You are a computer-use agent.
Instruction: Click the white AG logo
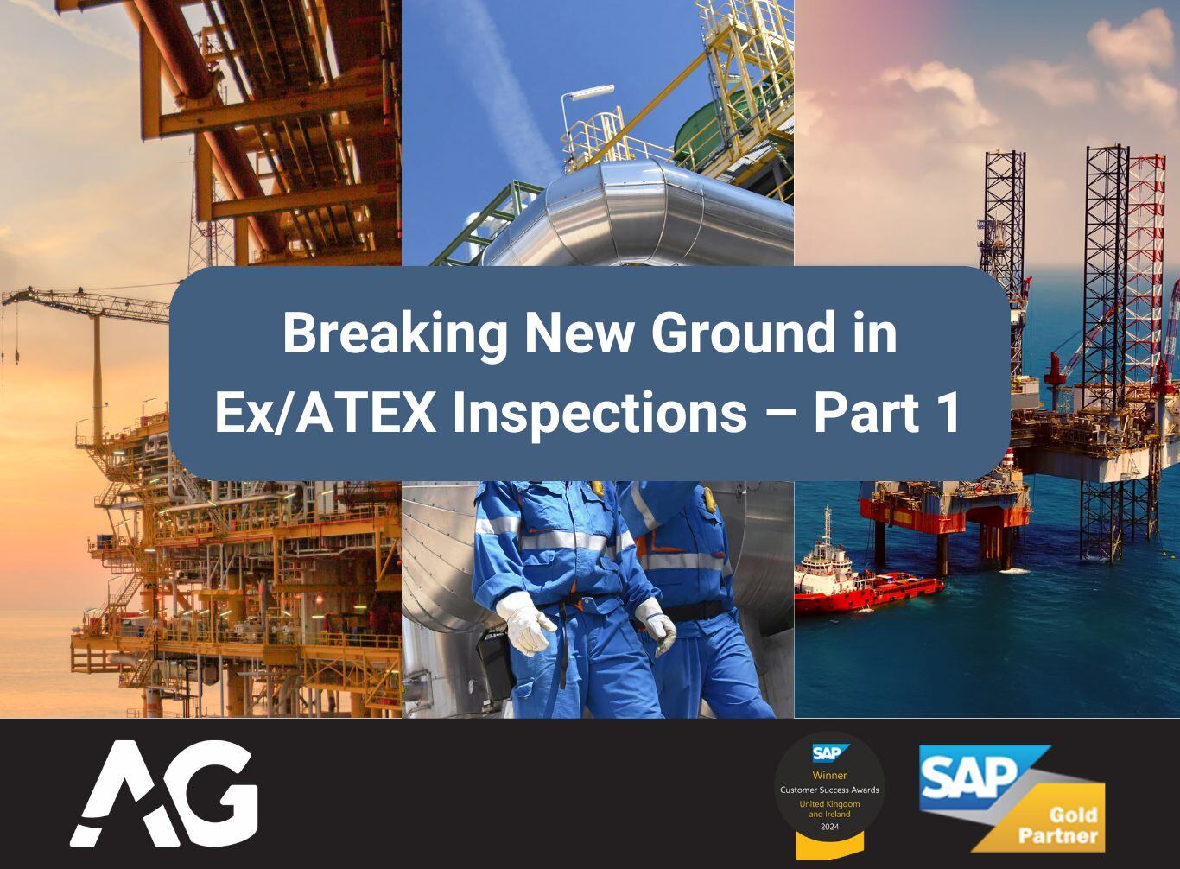point(164,794)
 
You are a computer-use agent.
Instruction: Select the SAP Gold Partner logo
point(1012,798)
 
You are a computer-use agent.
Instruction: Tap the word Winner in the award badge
point(829,775)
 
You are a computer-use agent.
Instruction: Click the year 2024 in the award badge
point(829,827)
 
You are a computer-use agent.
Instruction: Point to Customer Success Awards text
point(829,790)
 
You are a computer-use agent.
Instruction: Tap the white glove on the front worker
point(526,623)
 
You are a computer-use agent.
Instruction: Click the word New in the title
point(578,333)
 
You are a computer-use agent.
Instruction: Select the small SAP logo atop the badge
point(831,753)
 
